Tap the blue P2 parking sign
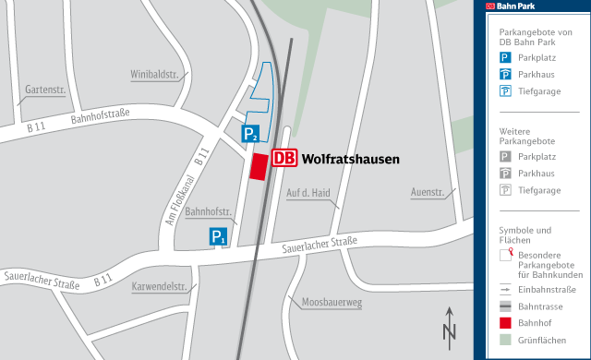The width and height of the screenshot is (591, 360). click(250, 135)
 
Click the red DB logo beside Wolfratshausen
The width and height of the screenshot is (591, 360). click(284, 159)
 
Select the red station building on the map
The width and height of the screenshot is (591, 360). click(259, 167)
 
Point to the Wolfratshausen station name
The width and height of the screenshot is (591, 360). click(351, 159)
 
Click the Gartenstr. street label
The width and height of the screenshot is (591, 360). click(45, 90)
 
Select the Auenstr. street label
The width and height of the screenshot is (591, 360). click(428, 193)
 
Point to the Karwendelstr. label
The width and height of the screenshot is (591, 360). click(159, 287)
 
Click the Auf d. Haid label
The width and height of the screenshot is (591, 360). click(308, 193)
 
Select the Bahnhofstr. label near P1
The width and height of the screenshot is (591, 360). click(208, 212)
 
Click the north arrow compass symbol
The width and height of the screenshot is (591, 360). click(450, 326)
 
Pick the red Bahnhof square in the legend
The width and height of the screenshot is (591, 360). click(505, 323)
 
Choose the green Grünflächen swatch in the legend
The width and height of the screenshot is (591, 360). click(505, 341)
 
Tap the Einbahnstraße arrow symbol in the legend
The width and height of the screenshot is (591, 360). click(505, 289)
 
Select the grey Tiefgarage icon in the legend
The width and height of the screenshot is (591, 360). click(505, 190)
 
